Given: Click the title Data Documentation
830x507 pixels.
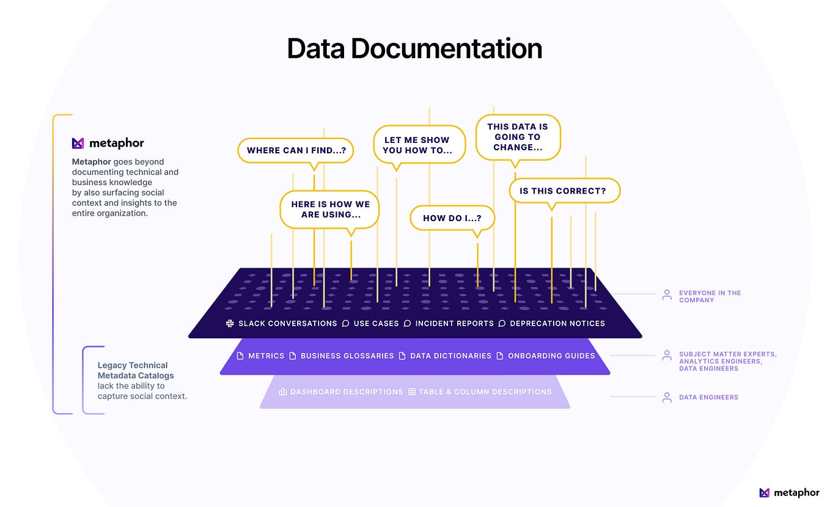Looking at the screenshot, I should [414, 49].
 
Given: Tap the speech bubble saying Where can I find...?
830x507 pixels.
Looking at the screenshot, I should [295, 150].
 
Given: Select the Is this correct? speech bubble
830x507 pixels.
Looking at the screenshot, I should [564, 191].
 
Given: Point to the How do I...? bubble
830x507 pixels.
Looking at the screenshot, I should [452, 218].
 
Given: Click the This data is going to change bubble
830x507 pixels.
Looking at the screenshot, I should [518, 137].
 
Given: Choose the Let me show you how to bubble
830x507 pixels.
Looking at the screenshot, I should [419, 145].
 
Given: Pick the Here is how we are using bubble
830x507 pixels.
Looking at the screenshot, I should [330, 210].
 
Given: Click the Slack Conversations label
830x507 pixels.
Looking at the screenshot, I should [287, 323].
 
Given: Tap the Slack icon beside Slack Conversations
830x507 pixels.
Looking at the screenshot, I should [230, 323].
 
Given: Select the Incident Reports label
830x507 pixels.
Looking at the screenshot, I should [454, 323].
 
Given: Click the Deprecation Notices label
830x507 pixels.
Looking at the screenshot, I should [557, 323].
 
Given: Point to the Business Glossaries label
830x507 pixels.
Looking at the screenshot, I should [347, 356].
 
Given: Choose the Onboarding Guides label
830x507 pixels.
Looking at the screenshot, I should [551, 356].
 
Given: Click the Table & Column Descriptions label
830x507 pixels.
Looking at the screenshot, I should [485, 392].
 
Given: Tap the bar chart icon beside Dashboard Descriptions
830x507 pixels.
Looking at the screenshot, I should [282, 392].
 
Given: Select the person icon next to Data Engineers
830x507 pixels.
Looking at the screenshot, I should [667, 397].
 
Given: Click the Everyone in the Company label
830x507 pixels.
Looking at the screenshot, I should [710, 296].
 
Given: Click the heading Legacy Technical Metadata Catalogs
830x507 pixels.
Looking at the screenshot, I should [136, 370].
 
